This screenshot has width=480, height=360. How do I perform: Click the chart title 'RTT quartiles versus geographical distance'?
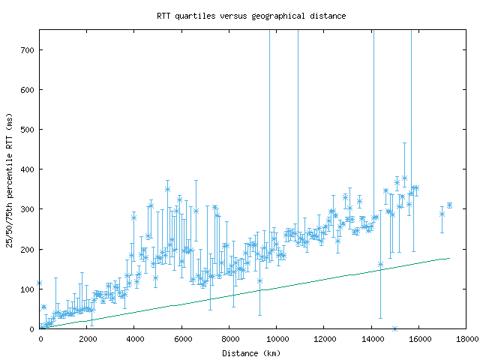point(251,16)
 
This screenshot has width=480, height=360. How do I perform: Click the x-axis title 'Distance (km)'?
point(251,353)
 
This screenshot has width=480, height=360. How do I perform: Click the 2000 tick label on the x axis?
point(87,339)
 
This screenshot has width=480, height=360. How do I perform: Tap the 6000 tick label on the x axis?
point(182,339)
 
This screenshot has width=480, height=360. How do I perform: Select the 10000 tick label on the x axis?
point(277,339)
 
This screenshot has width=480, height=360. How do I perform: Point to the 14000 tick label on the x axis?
point(371,339)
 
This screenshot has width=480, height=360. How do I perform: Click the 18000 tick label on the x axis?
point(466,339)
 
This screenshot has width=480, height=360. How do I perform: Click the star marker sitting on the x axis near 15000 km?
point(394,328)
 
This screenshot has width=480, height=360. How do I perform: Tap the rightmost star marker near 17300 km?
point(449,205)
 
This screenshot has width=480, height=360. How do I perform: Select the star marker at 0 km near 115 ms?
point(40,283)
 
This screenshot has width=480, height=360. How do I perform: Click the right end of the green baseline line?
point(448,258)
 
